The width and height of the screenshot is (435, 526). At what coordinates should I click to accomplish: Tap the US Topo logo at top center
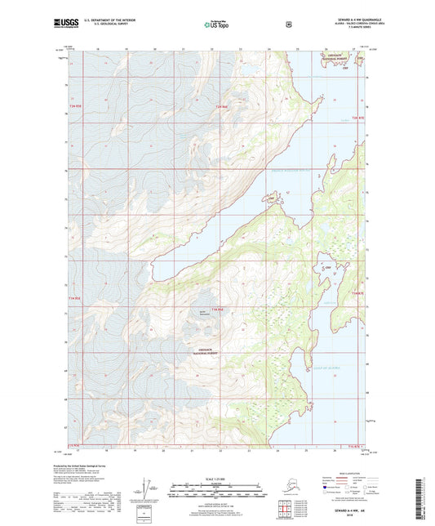217,25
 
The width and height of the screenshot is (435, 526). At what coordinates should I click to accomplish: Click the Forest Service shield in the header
287,25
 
